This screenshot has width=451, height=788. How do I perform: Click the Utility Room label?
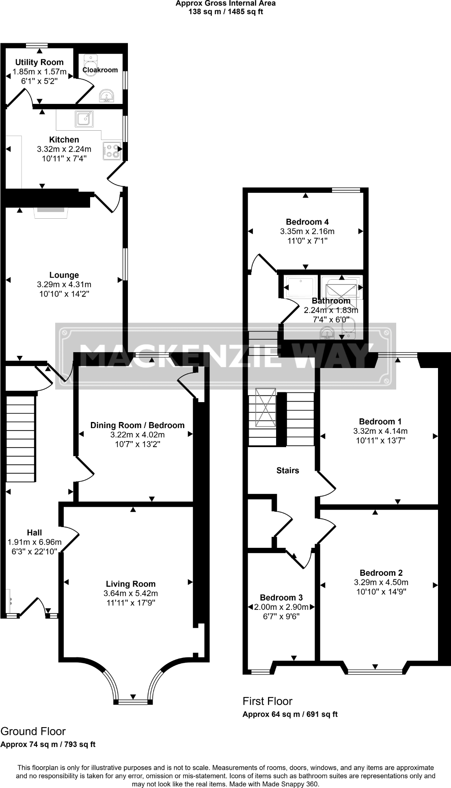[39, 62]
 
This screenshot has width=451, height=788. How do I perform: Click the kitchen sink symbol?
[84, 119]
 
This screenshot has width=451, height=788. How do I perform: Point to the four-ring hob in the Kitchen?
[112, 151]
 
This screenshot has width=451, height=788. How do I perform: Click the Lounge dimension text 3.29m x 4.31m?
[64, 284]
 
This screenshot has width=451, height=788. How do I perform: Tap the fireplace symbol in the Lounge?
[51, 211]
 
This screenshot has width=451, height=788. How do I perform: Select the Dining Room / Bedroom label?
[137, 425]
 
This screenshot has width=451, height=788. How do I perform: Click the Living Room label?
[130, 584]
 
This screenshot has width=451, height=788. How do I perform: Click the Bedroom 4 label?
[307, 222]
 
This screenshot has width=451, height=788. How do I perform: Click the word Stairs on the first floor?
[287, 470]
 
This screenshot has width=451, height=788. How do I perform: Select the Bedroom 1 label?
[380, 422]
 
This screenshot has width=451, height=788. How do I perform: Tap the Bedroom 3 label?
[281, 598]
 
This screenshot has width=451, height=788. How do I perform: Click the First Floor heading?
[267, 701]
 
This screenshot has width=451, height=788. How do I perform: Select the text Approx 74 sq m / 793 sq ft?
[48, 744]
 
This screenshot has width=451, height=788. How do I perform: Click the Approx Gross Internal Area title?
[225, 4]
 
